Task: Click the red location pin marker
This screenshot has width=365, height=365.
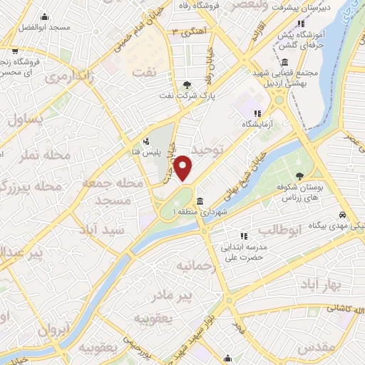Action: coord(183,168)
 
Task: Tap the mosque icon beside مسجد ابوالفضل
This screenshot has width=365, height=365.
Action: coord(45,16)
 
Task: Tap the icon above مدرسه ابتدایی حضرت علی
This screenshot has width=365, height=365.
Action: coord(243,235)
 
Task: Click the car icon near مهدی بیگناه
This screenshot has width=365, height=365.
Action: coord(344,215)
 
